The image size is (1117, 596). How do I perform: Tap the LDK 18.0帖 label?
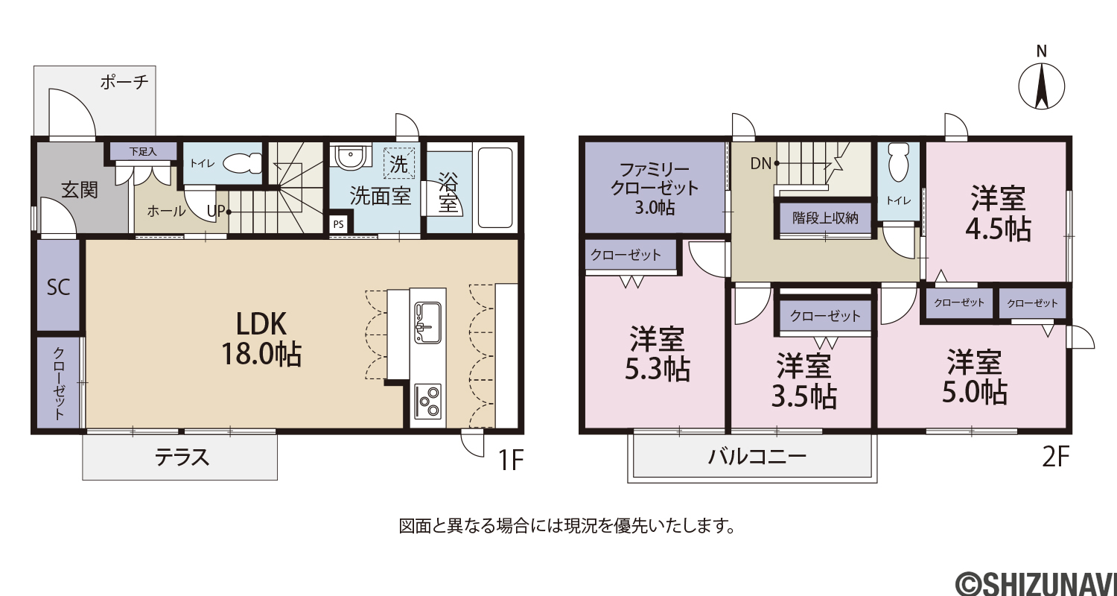[261, 339]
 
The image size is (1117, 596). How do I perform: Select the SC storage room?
[58, 286]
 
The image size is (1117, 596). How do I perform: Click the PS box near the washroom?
[338, 224]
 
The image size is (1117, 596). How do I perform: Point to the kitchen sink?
[427, 322]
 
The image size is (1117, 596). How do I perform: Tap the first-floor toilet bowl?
[242, 162]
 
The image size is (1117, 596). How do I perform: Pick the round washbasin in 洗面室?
[352, 156]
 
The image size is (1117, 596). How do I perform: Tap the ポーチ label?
[124, 81]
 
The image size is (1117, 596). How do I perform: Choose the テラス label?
[182, 457]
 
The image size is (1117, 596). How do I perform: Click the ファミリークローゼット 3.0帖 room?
[655, 187]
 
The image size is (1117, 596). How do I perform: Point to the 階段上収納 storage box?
[825, 218]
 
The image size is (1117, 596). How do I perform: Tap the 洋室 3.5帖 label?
[803, 381]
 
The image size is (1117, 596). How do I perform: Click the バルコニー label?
[757, 457]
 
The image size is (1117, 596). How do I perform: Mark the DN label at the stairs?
[760, 164]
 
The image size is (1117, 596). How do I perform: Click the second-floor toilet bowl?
[897, 162]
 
